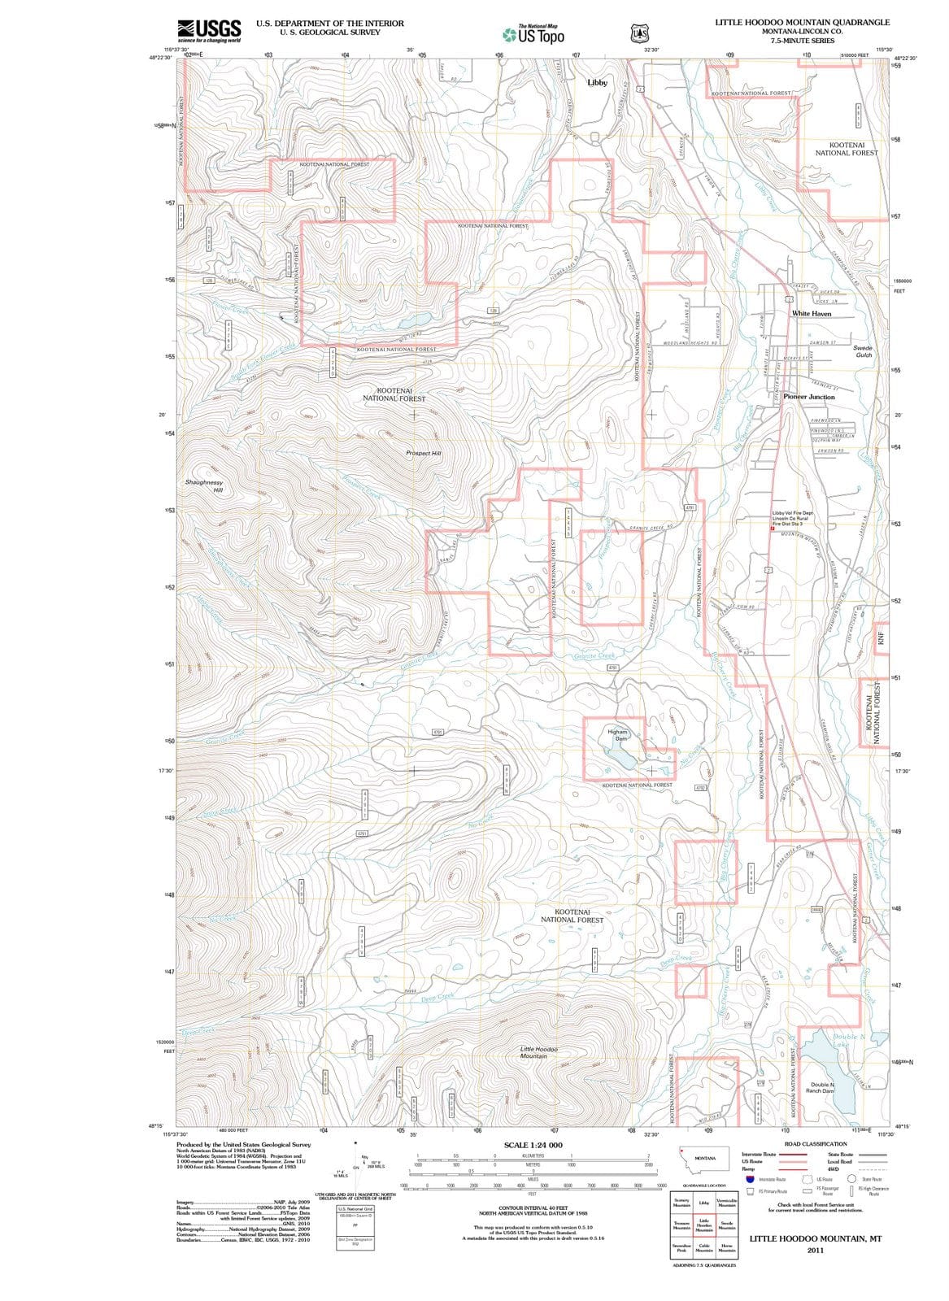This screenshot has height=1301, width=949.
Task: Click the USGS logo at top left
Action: [x=209, y=30]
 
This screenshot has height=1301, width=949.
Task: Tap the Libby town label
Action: [x=597, y=83]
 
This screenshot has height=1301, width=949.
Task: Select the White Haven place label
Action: [x=811, y=313]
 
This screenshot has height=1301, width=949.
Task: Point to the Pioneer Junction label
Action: [x=808, y=397]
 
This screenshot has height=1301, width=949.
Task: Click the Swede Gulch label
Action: [x=863, y=351]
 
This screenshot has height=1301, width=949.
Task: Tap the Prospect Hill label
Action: [x=423, y=453]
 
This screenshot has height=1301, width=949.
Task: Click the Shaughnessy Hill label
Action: [x=203, y=486]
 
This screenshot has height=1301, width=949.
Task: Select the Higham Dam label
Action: [x=617, y=735]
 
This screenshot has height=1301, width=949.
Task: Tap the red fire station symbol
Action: [x=773, y=529]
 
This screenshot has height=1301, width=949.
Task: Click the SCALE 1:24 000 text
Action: [x=533, y=1145]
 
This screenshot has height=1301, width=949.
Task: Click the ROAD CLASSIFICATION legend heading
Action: [x=816, y=1144]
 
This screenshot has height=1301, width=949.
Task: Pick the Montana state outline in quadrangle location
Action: [x=704, y=1159]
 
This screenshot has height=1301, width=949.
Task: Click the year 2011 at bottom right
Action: [x=816, y=1251]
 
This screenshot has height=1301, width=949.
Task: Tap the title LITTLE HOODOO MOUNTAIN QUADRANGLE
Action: [x=802, y=23]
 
